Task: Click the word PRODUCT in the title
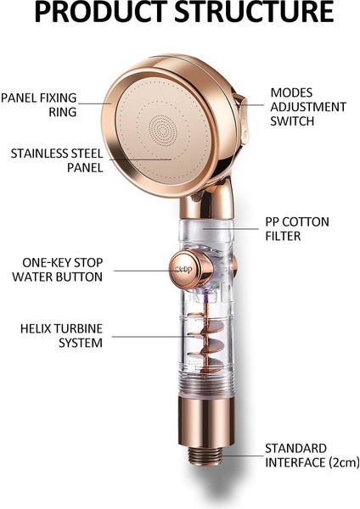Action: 101,12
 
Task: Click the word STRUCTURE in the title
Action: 255,12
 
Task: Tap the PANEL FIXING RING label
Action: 39,104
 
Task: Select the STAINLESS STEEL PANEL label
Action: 57,160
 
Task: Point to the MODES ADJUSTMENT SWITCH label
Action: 308,107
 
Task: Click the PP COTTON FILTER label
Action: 297,228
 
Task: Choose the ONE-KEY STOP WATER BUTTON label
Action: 58,270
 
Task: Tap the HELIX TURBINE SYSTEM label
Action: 61,336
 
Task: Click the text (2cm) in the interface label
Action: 345,462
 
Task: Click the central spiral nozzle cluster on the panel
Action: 163,131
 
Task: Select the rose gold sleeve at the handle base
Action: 206,421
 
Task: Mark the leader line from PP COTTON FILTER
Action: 231,228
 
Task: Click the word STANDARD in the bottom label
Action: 295,448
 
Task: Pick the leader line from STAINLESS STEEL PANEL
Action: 140,159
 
